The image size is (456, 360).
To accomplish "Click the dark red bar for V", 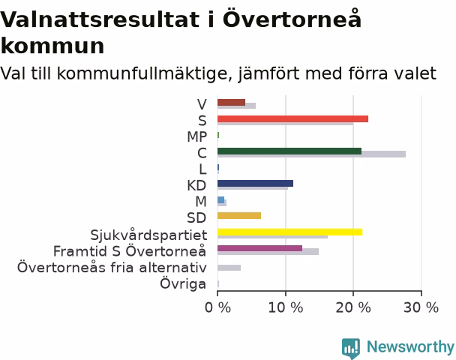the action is (232, 102).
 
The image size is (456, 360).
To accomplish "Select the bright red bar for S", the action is (292, 119).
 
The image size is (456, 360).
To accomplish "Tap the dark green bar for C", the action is (289, 151).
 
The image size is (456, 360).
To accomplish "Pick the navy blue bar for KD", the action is (255, 184).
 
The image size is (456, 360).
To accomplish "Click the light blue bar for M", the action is (221, 199).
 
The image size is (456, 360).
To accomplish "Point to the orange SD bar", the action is (239, 216).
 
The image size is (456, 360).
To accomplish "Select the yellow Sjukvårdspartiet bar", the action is (290, 232).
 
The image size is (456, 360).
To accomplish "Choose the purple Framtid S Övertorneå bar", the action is (260, 248).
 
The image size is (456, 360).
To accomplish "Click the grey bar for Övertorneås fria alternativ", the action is (229, 268).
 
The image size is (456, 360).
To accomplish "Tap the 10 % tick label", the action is (286, 307).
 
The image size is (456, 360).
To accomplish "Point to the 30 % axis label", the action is (421, 307).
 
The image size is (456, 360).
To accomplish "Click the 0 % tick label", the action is (217, 307).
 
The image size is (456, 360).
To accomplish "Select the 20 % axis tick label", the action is (353, 307).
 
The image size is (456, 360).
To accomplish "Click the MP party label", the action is (197, 137).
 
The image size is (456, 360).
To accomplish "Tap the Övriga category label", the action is (183, 283).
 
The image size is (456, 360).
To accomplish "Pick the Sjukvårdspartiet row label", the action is (148, 235).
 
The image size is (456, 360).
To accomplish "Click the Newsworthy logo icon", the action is (351, 348).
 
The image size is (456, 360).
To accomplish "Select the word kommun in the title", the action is (52, 46).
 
